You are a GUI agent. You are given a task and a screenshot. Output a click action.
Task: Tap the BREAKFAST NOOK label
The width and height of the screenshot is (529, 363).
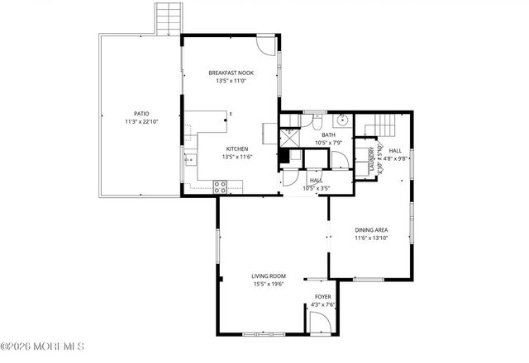pyautogui.click(x=231, y=73)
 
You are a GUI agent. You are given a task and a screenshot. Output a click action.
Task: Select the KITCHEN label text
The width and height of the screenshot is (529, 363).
pyautogui.click(x=237, y=148)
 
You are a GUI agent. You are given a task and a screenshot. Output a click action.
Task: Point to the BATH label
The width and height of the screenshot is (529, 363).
pyautogui.click(x=328, y=135)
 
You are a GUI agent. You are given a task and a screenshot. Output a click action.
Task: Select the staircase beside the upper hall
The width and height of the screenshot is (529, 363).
pyautogui.click(x=383, y=126)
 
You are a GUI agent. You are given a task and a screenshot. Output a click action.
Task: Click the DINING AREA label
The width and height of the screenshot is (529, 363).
pyautogui.click(x=371, y=230)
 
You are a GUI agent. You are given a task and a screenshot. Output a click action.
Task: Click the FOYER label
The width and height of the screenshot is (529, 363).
pyautogui.click(x=322, y=296)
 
